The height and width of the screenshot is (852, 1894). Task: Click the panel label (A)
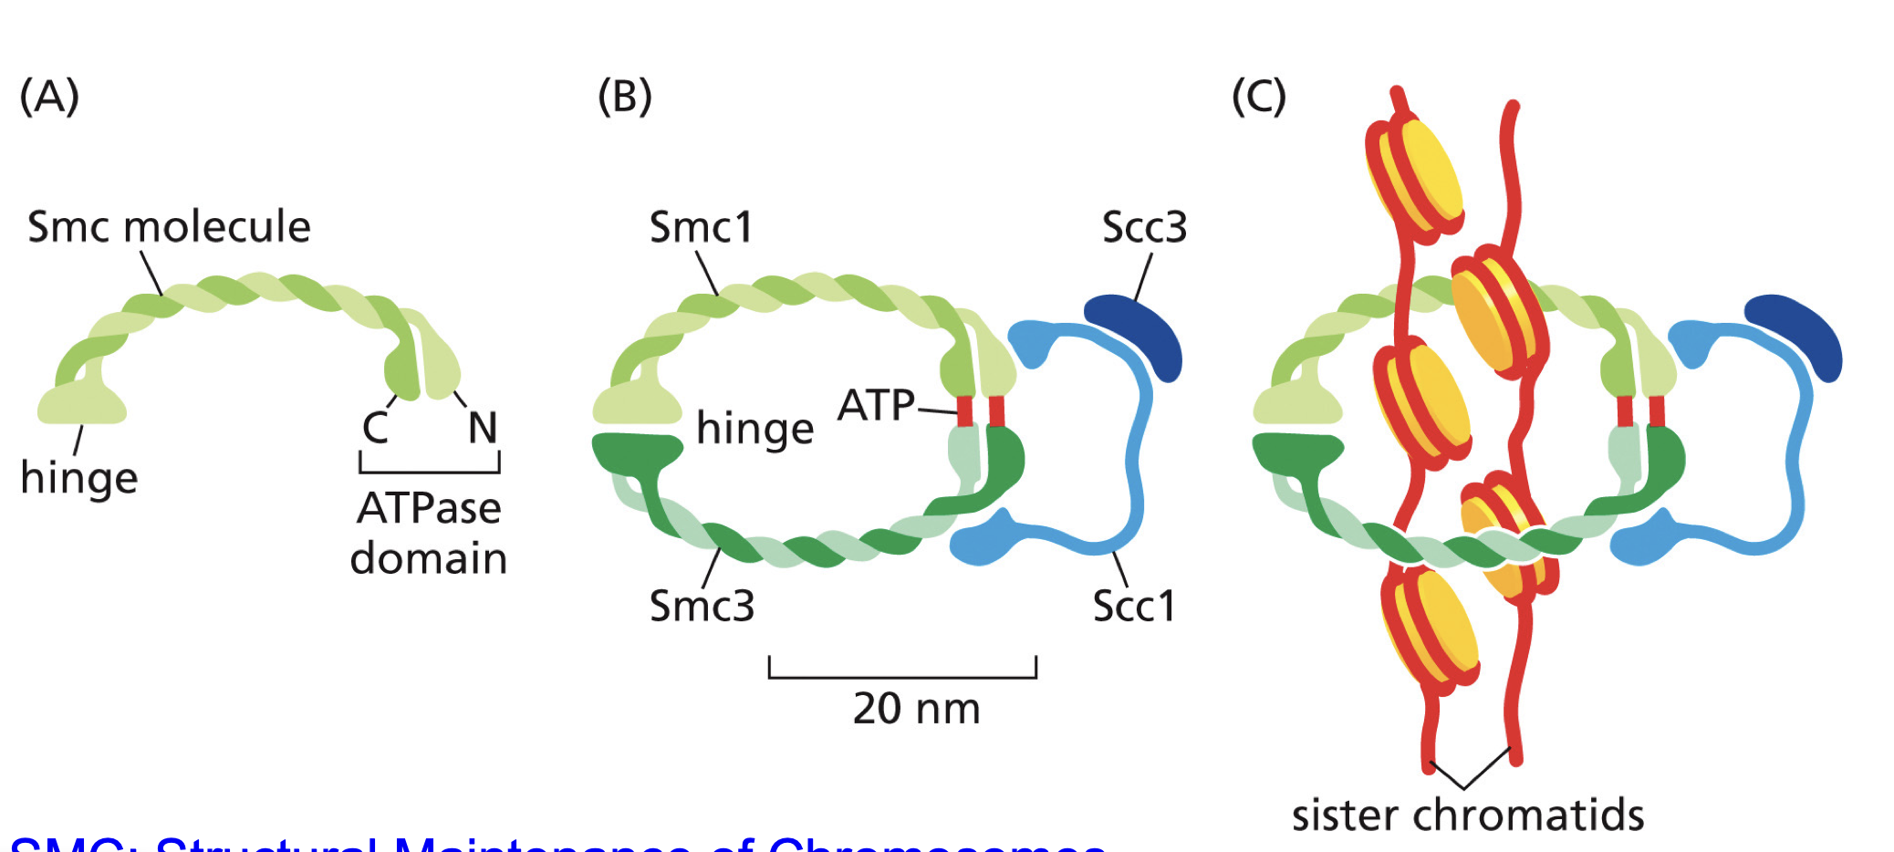(50, 96)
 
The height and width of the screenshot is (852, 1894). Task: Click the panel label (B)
(625, 96)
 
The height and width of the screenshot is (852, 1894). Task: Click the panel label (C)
(1259, 96)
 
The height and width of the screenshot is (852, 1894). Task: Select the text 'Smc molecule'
(169, 226)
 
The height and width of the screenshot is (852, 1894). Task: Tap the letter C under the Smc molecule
(376, 427)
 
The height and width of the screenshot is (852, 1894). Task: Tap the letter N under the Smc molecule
(483, 427)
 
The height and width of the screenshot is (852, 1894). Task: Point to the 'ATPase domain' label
(429, 533)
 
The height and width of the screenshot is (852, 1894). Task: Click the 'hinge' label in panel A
(79, 478)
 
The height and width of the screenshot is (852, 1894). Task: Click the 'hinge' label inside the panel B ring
(754, 429)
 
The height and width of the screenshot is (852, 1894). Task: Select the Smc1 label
(701, 227)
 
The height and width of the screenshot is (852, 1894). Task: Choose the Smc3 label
(702, 606)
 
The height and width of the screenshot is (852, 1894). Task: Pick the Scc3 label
(1144, 227)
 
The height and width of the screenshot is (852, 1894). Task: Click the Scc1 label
(1134, 606)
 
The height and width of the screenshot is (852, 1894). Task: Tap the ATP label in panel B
(876, 405)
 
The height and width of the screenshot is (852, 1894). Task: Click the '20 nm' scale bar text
(916, 709)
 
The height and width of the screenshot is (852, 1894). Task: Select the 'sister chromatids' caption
(1467, 815)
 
